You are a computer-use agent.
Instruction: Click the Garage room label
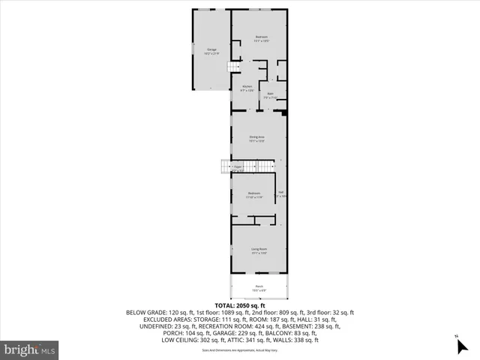point(211,49)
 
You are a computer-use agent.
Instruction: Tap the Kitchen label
point(247,86)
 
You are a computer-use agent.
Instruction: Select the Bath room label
point(271,94)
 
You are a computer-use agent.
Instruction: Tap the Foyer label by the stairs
point(237,166)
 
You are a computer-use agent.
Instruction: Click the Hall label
point(281,193)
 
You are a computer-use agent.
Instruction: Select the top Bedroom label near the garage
point(261,37)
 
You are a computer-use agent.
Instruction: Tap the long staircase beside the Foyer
point(225,166)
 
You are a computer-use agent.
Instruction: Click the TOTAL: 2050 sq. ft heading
point(240,305)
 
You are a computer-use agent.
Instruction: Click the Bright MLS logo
point(30,349)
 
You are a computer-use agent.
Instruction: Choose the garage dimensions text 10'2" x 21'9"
point(211,54)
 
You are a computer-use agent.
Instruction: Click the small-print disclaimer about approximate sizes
point(239,349)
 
